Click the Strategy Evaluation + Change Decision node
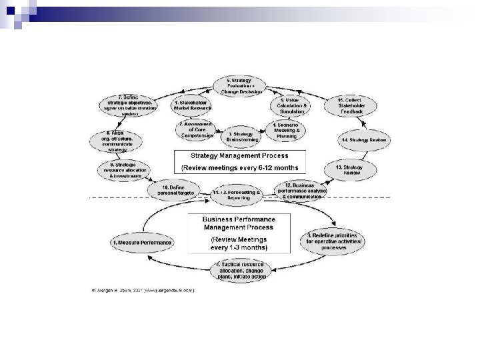coord(239,85)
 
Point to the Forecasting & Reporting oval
coord(233,195)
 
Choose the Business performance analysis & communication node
coord(304,190)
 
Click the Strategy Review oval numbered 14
coord(363,140)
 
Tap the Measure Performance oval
coord(142,243)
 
